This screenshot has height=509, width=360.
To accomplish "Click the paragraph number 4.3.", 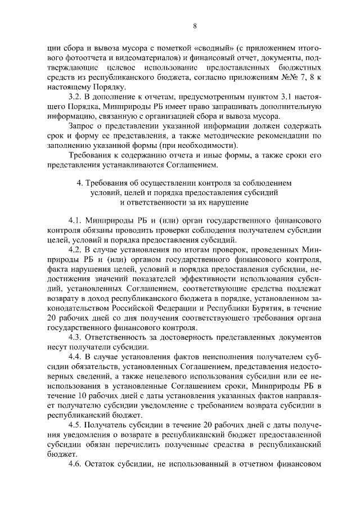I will tap(75, 337).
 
